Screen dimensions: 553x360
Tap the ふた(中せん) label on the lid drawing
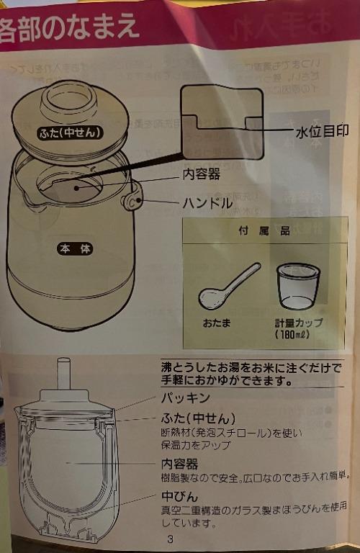pos(70,132)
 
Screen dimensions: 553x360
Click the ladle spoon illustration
pos(228,286)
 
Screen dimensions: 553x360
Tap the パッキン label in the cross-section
pos(185,397)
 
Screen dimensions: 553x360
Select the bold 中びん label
pos(179,496)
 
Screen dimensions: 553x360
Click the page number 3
pos(170,539)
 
